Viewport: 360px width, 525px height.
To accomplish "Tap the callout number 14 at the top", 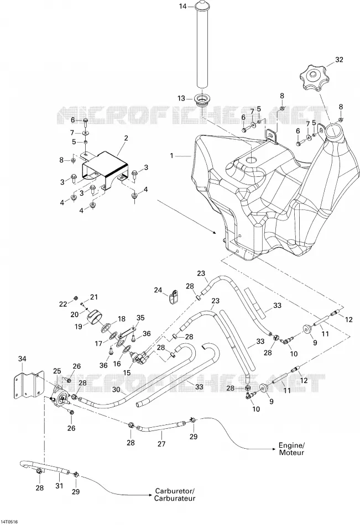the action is click(x=182, y=6).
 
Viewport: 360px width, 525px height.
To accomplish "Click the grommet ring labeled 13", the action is click(x=202, y=100).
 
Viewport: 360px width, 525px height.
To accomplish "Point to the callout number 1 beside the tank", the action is click(x=172, y=156).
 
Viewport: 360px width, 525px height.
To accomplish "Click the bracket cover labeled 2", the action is click(x=105, y=170).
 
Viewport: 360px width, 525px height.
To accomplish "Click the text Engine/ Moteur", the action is click(x=291, y=449).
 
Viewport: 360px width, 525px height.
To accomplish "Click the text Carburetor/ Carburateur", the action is click(x=175, y=495).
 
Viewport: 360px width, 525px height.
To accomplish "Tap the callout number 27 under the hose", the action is click(x=161, y=444).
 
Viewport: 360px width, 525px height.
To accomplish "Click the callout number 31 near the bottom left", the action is click(x=59, y=485).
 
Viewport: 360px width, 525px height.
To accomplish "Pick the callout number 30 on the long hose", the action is click(x=116, y=390).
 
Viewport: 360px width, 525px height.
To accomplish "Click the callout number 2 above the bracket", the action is click(x=126, y=138).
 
